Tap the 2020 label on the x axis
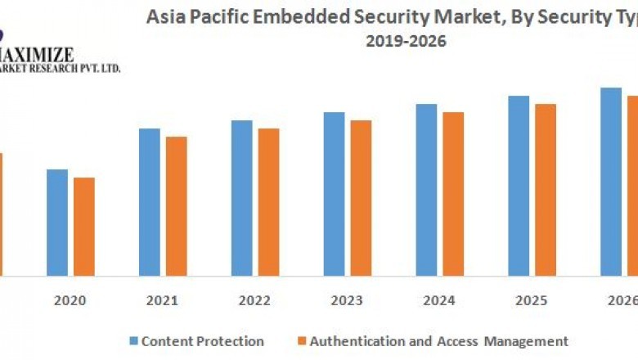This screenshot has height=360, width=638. [x=70, y=300]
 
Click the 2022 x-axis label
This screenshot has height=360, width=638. [x=254, y=300]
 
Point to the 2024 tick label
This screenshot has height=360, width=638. [x=439, y=300]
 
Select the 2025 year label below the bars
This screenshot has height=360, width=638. [x=532, y=300]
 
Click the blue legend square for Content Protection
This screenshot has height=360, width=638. [x=133, y=341]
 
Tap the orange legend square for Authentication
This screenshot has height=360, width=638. [x=301, y=341]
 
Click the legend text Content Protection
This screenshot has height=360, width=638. [x=203, y=341]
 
